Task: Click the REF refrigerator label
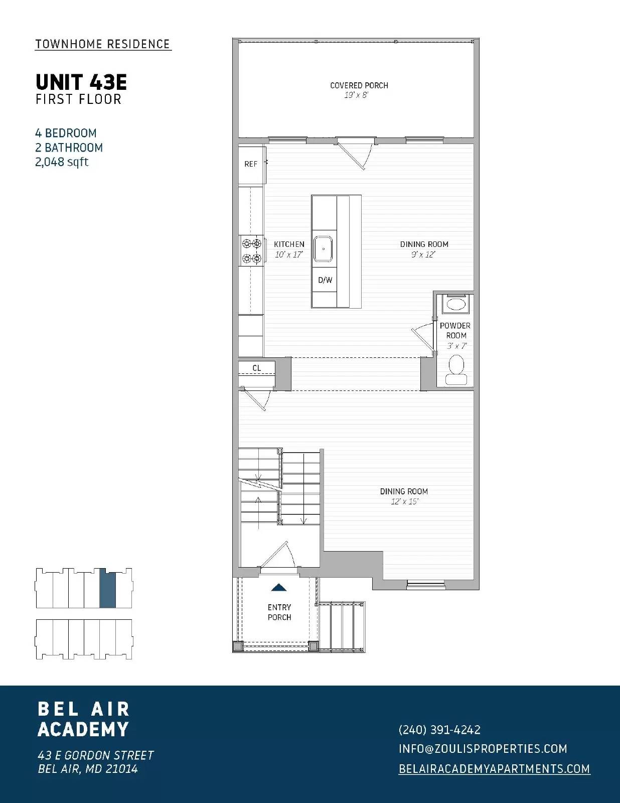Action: pyautogui.click(x=250, y=164)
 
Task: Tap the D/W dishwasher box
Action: pyautogui.click(x=325, y=280)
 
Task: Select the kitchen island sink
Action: pyautogui.click(x=324, y=249)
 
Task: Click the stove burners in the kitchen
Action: pyautogui.click(x=252, y=251)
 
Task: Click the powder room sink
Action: pyautogui.click(x=455, y=304)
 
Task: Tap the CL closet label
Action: pyautogui.click(x=256, y=368)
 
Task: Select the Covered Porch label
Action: pyautogui.click(x=359, y=85)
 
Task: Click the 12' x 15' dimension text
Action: pyautogui.click(x=404, y=501)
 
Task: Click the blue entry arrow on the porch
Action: pyautogui.click(x=279, y=587)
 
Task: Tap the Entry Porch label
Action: pyautogui.click(x=279, y=612)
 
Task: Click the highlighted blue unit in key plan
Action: pyautogui.click(x=107, y=589)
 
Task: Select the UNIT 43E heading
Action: pyautogui.click(x=81, y=82)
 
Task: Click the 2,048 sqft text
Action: pyautogui.click(x=62, y=162)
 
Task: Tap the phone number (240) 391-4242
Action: pyautogui.click(x=439, y=730)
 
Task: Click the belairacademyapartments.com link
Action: pyautogui.click(x=494, y=769)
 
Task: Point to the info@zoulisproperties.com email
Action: pyautogui.click(x=483, y=749)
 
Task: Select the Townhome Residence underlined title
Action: pyautogui.click(x=103, y=44)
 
